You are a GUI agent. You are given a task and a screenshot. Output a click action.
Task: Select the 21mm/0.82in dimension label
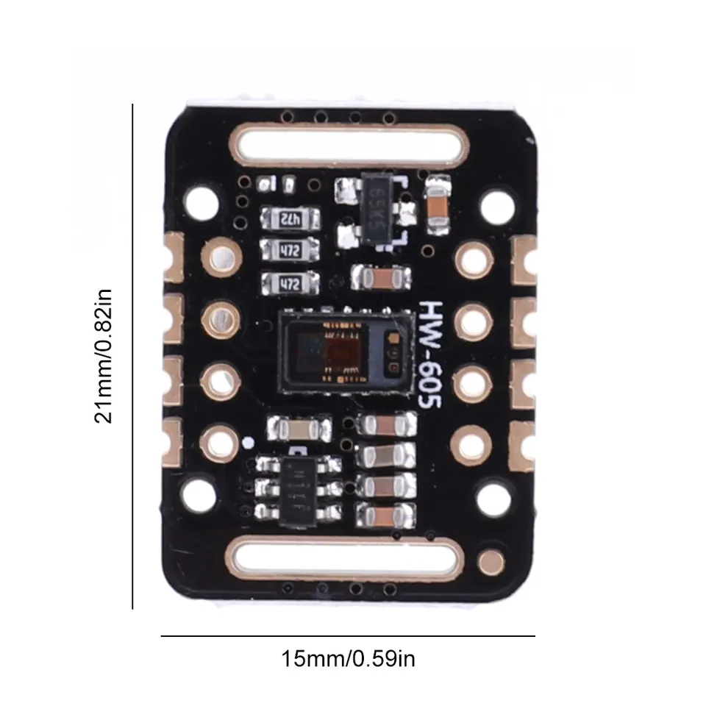pos(104,356)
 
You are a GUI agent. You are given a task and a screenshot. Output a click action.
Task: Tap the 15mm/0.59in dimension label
pos(348,657)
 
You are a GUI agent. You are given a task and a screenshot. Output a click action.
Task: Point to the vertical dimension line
pos(132,356)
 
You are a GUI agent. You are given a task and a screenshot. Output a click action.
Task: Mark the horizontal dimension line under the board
pos(348,635)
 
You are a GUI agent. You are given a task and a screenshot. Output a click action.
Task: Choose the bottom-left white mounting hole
pos(198,497)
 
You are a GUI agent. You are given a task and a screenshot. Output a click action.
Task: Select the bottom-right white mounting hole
pos(494,497)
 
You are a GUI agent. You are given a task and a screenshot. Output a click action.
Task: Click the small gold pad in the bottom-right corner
pos(488,563)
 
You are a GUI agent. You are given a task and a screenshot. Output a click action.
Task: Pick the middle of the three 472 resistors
pos(289,250)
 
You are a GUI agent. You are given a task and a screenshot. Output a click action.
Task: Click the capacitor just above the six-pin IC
pos(298,428)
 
